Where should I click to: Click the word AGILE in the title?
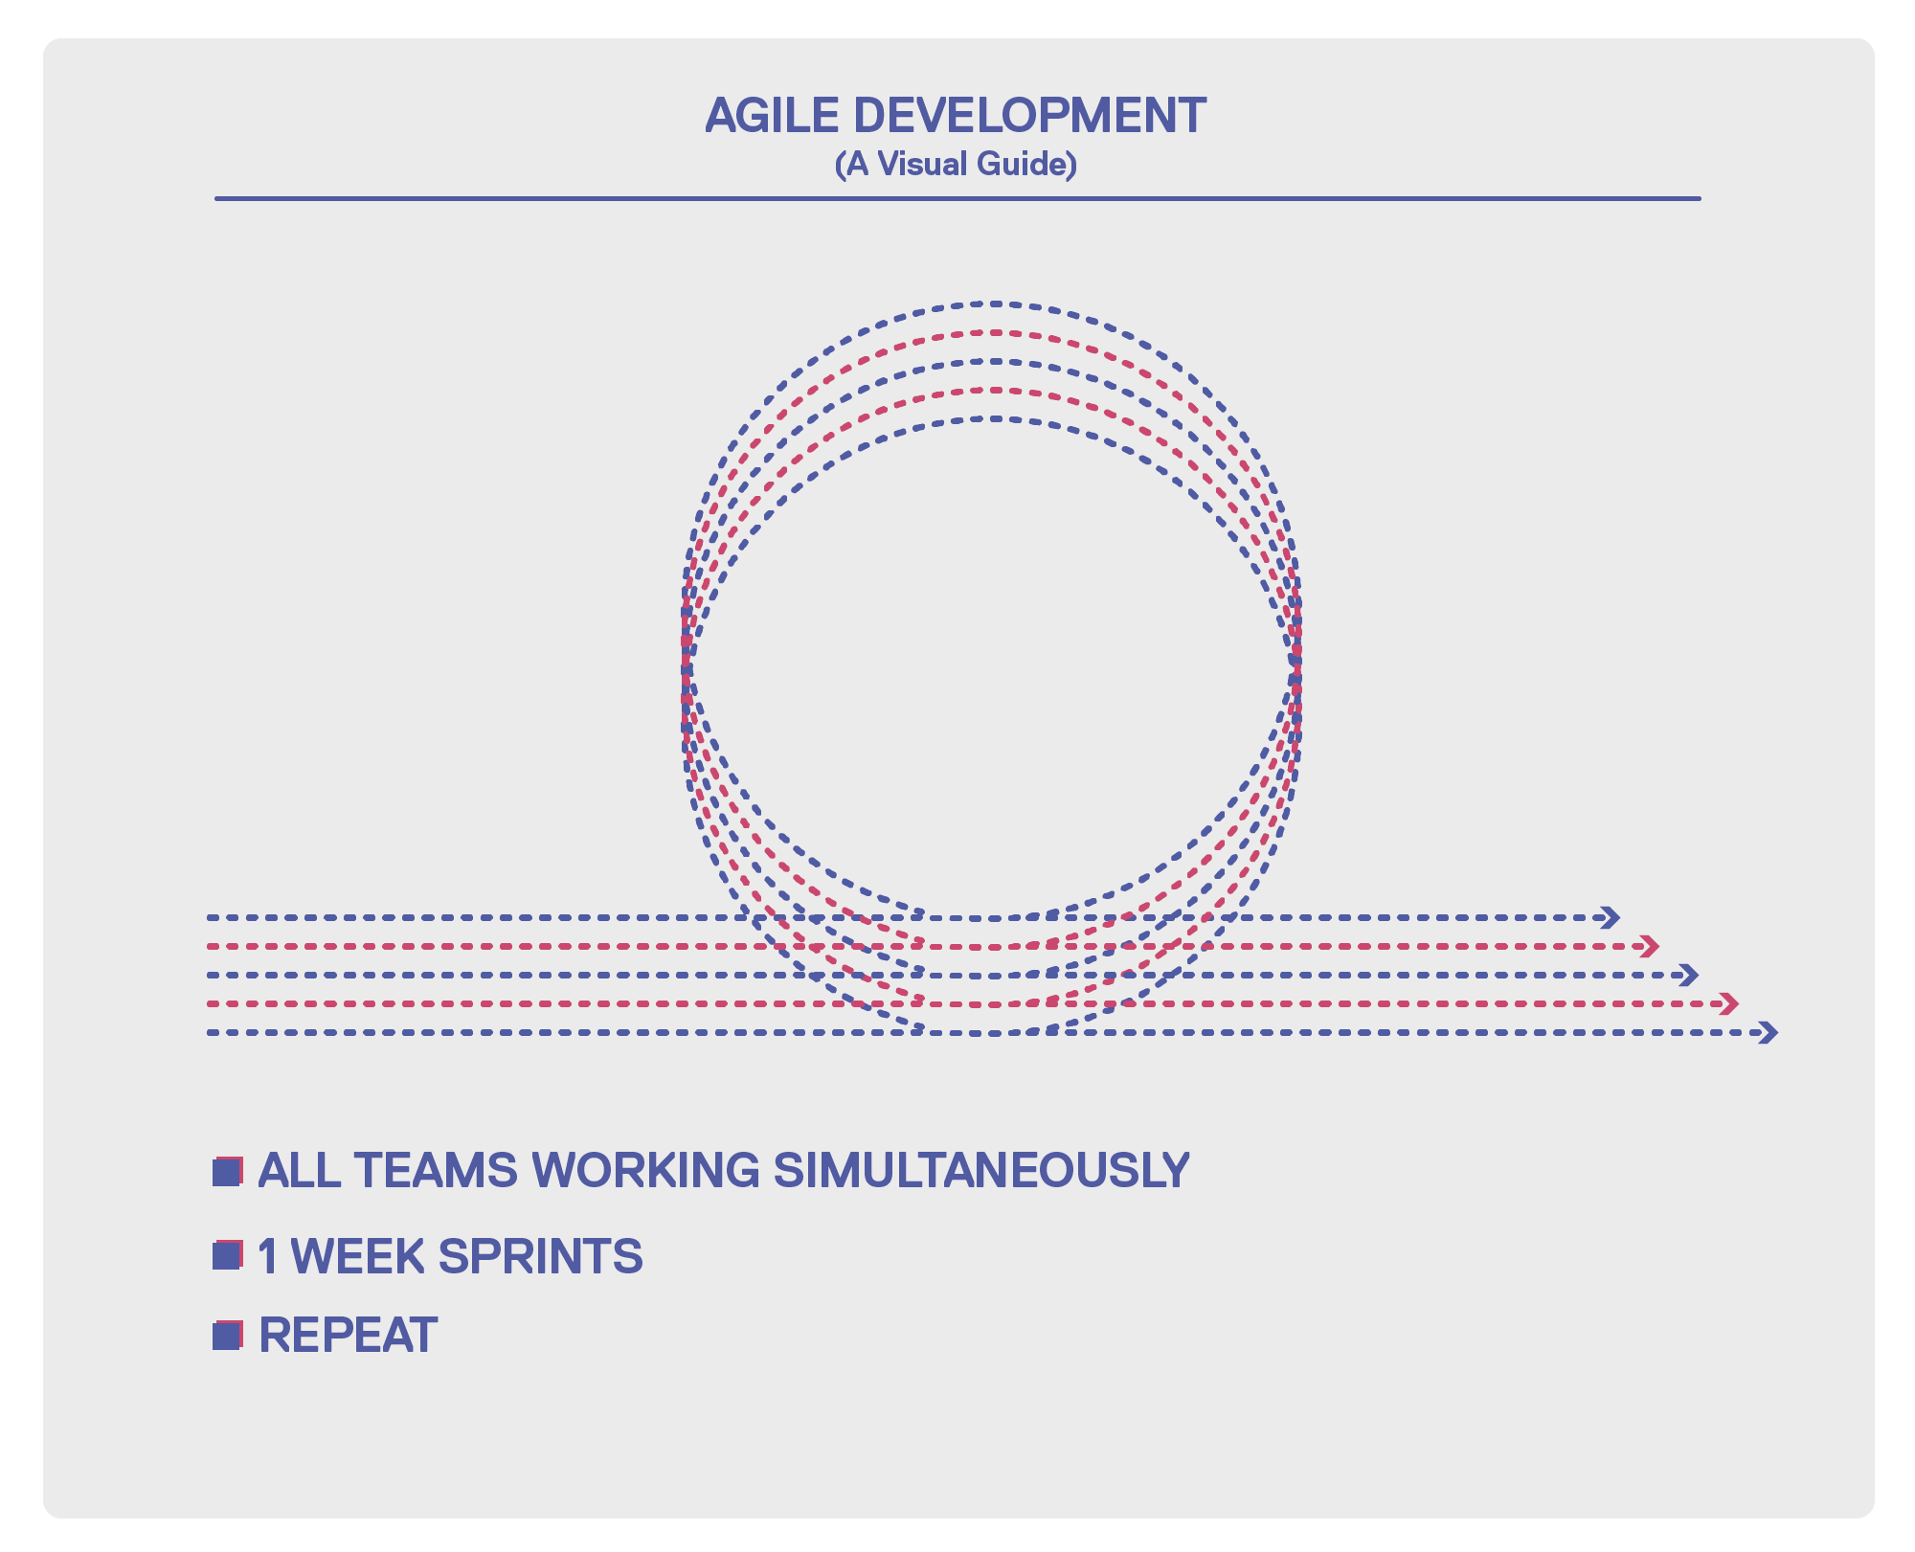[x=772, y=116]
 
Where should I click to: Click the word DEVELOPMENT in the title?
[x=1030, y=116]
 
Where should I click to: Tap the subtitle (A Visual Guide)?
[x=957, y=165]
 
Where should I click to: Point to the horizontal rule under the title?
[x=957, y=199]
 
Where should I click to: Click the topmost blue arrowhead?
[x=1611, y=918]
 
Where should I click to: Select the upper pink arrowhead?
[x=1650, y=947]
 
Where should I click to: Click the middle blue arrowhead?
[x=1689, y=976]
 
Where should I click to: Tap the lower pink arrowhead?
[x=1728, y=1004]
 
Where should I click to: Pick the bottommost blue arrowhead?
[x=1769, y=1033]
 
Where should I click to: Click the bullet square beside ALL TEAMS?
[x=227, y=1172]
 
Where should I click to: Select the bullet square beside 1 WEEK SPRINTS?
[x=227, y=1255]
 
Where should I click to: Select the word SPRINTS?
[x=541, y=1256]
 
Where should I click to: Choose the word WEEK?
[x=358, y=1256]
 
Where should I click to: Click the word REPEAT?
[x=349, y=1335]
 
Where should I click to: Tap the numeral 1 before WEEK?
[x=269, y=1256]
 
